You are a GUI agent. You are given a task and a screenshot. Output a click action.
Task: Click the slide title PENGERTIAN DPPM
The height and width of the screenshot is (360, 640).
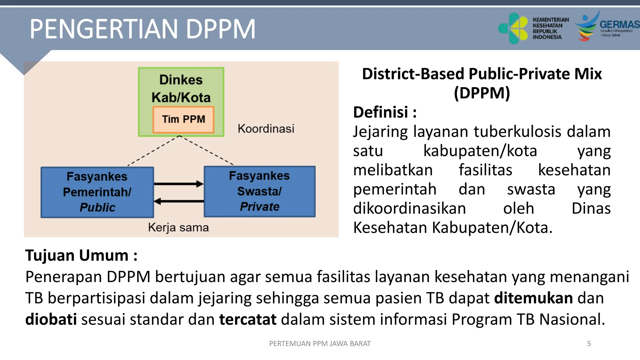pyautogui.click(x=142, y=29)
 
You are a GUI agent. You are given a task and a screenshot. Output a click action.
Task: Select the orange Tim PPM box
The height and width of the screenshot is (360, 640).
pyautogui.click(x=183, y=119)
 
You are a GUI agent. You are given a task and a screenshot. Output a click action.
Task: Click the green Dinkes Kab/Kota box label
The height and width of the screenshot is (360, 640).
pyautogui.click(x=181, y=88)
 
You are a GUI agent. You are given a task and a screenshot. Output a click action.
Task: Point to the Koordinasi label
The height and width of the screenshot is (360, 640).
pyautogui.click(x=266, y=129)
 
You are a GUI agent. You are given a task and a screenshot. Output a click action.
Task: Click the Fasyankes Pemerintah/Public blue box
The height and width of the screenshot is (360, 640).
pyautogui.click(x=97, y=192)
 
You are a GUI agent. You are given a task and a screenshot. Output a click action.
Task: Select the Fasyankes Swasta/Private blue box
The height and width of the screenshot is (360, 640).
pyautogui.click(x=259, y=191)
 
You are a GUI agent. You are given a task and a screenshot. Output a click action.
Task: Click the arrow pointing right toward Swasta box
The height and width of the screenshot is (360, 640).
pyautogui.click(x=178, y=184)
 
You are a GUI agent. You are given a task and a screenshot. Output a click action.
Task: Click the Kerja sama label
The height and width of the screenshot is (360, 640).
pyautogui.click(x=178, y=227)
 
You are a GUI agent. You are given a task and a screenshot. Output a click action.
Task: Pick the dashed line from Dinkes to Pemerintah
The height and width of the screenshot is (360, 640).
pyautogui.click(x=153, y=151)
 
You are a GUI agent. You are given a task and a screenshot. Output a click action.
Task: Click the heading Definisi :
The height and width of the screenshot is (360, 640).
pyautogui.click(x=385, y=112)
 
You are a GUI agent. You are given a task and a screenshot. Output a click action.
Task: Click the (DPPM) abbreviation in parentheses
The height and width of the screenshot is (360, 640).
pyautogui.click(x=482, y=93)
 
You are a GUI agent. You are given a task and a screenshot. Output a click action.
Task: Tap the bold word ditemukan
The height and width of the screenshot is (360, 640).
pyautogui.click(x=533, y=298)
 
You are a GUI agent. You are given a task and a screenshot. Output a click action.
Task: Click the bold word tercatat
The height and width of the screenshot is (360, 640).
pyautogui.click(x=247, y=319)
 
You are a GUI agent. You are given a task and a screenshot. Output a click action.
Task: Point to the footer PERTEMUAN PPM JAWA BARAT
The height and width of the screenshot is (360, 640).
pyautogui.click(x=320, y=344)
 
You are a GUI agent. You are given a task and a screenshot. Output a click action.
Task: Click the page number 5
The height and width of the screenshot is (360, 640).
pyautogui.click(x=589, y=344)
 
